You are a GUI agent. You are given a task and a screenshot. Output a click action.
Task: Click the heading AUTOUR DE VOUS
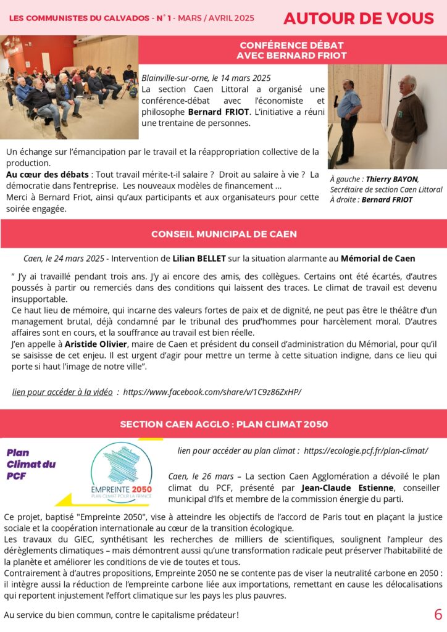[358, 19]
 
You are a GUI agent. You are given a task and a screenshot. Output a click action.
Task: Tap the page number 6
[438, 615]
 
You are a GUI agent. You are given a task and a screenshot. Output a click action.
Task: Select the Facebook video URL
[212, 392]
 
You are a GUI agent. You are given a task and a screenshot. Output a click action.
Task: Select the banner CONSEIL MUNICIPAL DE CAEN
[223, 235]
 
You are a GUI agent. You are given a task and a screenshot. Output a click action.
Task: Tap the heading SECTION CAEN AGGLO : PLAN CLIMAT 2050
[223, 425]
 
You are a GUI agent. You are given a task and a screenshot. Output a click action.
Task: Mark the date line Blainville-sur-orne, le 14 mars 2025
[206, 78]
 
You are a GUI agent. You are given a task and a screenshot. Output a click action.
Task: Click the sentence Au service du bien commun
[121, 615]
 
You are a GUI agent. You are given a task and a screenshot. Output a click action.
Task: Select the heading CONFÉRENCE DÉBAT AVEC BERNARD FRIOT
[292, 51]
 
